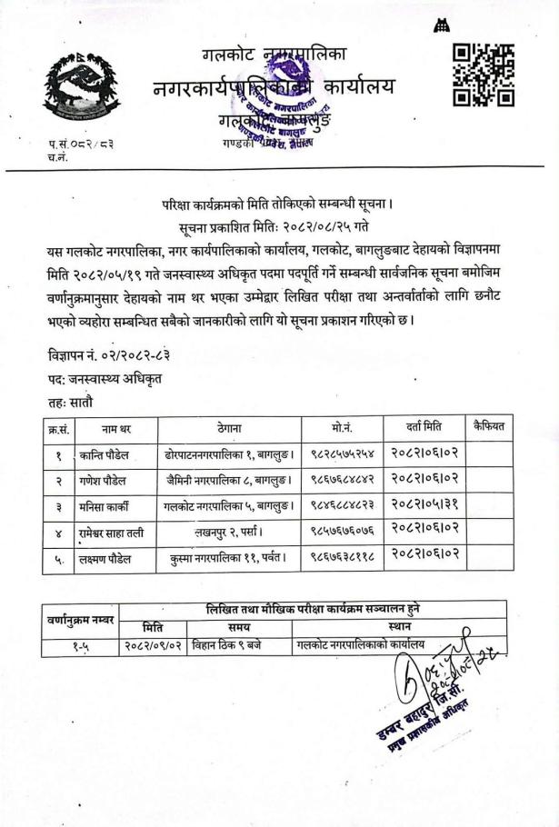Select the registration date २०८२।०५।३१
[x=424, y=506]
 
